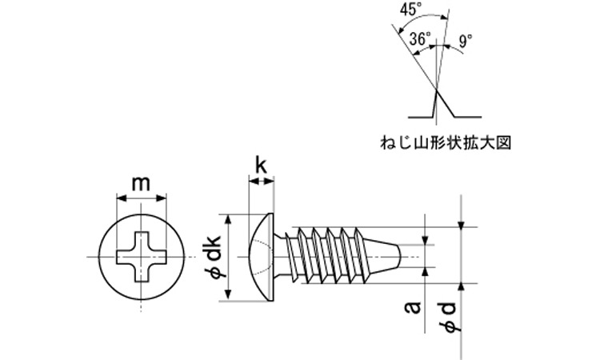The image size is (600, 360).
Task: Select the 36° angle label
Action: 420,38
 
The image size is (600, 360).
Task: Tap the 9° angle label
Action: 466,41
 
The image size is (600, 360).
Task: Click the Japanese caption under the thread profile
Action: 446,142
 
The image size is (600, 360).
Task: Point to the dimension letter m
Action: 141,184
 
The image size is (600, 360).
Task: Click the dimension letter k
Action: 261,166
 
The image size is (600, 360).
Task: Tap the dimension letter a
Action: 414,307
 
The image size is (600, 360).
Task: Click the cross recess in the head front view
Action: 141,257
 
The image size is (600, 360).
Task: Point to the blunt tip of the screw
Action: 400,256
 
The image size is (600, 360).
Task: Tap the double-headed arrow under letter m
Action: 141,198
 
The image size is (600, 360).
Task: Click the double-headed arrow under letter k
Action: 262,182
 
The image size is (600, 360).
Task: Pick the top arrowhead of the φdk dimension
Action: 228,219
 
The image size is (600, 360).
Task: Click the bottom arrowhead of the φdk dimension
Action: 228,294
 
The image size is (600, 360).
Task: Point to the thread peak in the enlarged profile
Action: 437,90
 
